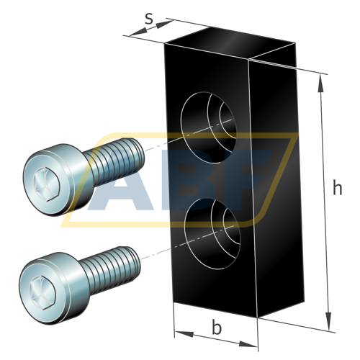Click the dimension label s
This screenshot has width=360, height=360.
tap(149, 18)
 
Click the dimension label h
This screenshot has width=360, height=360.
tap(337, 189)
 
